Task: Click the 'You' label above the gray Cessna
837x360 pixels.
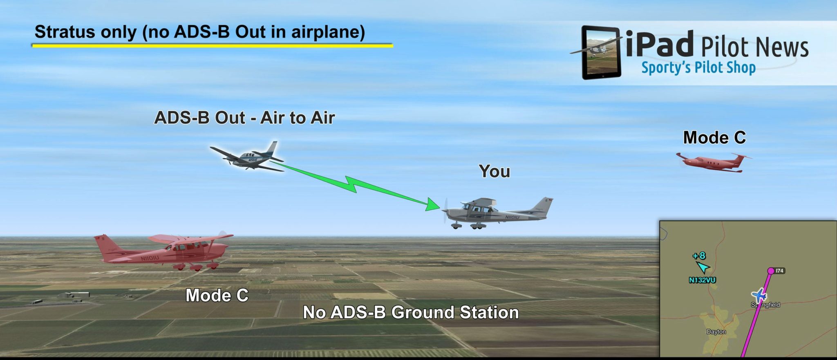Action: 494,171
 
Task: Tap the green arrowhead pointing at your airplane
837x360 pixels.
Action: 432,204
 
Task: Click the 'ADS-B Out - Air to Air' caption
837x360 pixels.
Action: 244,118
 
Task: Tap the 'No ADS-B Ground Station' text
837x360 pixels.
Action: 411,313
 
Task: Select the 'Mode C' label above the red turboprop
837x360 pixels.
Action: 714,138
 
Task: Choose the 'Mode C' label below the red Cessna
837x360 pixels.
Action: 217,295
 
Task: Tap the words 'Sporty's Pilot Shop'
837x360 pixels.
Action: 698,68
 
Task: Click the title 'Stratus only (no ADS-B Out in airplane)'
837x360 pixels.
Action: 200,32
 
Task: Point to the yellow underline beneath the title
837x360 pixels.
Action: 213,46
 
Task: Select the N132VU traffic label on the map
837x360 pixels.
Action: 702,280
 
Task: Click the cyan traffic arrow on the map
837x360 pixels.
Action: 703,268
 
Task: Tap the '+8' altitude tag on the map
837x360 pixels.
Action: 699,256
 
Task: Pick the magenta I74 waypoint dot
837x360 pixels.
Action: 770,271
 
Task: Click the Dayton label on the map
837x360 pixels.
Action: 716,332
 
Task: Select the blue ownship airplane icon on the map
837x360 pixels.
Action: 759,295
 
